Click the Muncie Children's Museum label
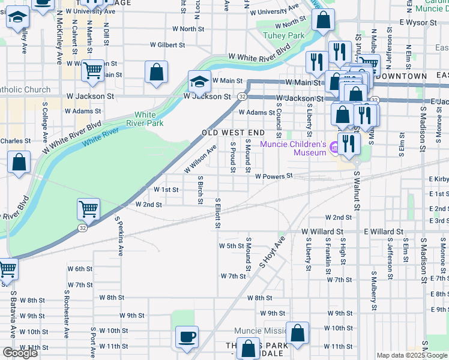[x=293, y=148]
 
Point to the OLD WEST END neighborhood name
[x=233, y=132]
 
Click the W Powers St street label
[x=273, y=176]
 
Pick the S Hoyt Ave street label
[x=271, y=253]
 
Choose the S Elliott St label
[x=218, y=213]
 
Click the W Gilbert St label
[x=167, y=45]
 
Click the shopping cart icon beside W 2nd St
[x=88, y=209]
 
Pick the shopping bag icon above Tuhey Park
[x=323, y=20]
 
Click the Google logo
[x=20, y=353]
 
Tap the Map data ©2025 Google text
[x=411, y=356]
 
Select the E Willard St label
[x=383, y=231]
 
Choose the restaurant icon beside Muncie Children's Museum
[x=348, y=143]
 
